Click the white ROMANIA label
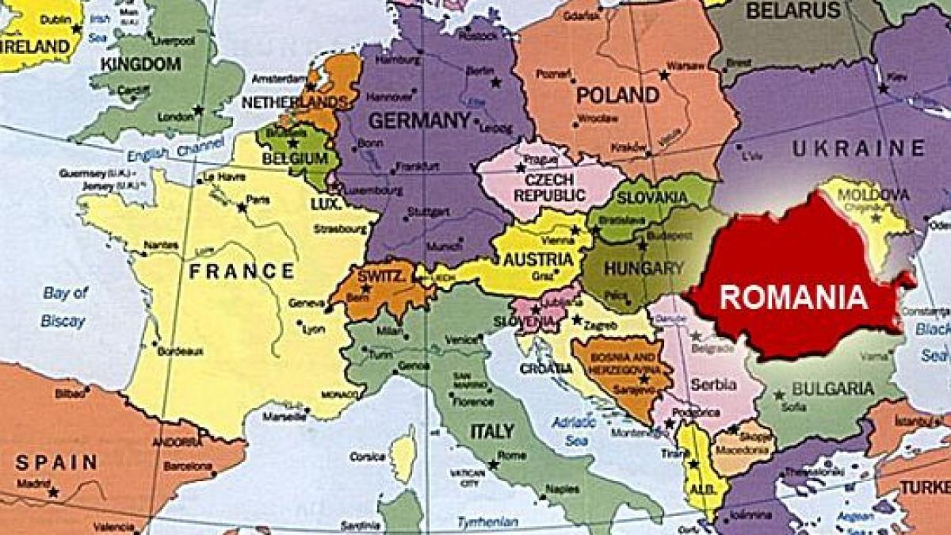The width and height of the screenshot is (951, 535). [x=792, y=297]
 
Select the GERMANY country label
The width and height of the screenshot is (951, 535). [x=419, y=120]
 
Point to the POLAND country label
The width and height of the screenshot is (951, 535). [x=617, y=96]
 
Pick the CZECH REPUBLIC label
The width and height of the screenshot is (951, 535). [x=549, y=187]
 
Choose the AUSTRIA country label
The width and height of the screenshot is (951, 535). [x=538, y=259]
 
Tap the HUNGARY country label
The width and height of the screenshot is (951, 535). [x=644, y=268]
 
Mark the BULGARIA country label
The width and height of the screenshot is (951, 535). [x=833, y=388]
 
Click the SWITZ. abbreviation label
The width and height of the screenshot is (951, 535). [x=383, y=276]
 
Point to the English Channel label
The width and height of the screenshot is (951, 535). [x=164, y=150]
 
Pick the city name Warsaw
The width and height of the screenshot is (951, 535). [x=686, y=65]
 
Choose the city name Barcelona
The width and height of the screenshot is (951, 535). [x=188, y=466]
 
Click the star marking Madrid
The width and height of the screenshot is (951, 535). [x=53, y=492]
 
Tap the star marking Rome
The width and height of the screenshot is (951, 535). [x=493, y=464]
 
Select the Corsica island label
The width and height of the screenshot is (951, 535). [x=366, y=457]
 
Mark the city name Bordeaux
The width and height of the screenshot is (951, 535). [x=180, y=351]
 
